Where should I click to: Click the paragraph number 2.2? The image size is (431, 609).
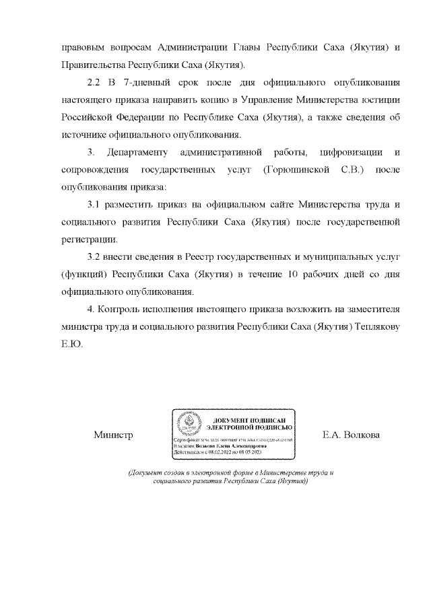(94, 83)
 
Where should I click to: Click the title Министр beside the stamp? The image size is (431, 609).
(113, 435)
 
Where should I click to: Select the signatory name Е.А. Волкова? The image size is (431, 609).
(351, 435)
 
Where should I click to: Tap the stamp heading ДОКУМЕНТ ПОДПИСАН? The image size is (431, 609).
(248, 419)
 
